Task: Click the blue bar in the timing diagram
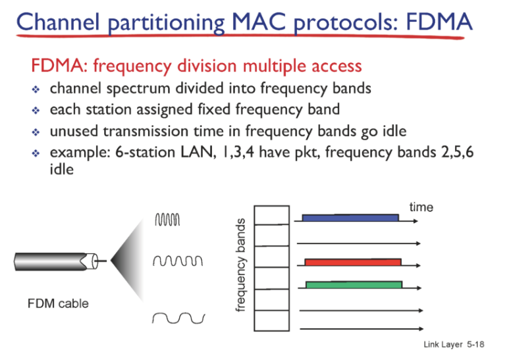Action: (350, 218)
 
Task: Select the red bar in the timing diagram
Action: (353, 262)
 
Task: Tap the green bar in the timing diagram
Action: (354, 284)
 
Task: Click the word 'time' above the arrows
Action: (421, 207)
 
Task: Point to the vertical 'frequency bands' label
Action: (240, 265)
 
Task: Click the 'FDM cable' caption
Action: (58, 303)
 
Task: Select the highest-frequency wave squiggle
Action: (167, 220)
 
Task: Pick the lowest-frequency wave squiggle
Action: (178, 318)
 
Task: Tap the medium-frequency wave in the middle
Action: (178, 261)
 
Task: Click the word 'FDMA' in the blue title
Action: (439, 22)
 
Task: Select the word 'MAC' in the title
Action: (259, 22)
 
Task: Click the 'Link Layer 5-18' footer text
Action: (454, 344)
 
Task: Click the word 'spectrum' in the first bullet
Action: (138, 89)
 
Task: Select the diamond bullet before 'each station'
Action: (36, 111)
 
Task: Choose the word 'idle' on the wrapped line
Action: (62, 169)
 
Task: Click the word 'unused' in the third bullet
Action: (74, 132)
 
